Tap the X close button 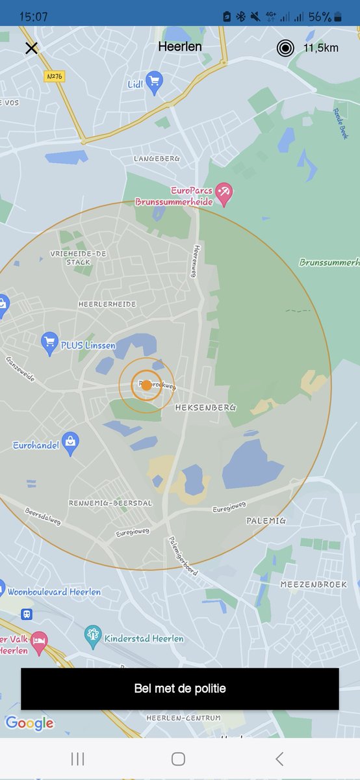point(31,47)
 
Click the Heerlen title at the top point(180,47)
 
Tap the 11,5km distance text point(321,47)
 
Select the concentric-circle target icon point(285,47)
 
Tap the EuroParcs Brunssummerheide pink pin point(224,192)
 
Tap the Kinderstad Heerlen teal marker point(93,635)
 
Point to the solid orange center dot point(147,385)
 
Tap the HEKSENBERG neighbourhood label point(205,408)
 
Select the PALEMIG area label point(266,521)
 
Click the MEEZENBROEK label point(314,584)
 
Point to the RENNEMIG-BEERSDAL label point(111,503)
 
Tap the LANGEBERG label point(157,159)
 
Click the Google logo point(29,723)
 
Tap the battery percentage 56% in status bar point(320,17)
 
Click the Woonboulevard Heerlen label point(54,592)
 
